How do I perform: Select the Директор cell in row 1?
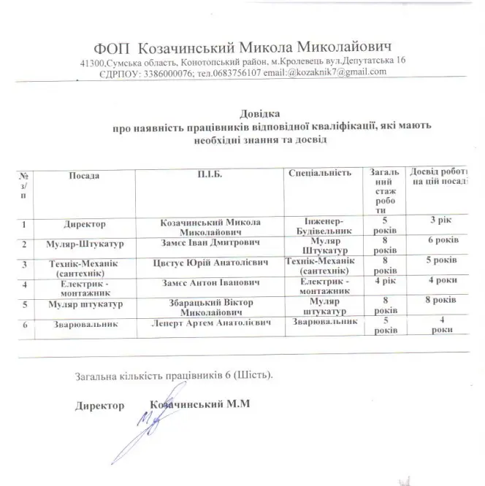[85, 224]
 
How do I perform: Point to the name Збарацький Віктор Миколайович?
[210, 306]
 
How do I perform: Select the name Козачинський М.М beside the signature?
[199, 405]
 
